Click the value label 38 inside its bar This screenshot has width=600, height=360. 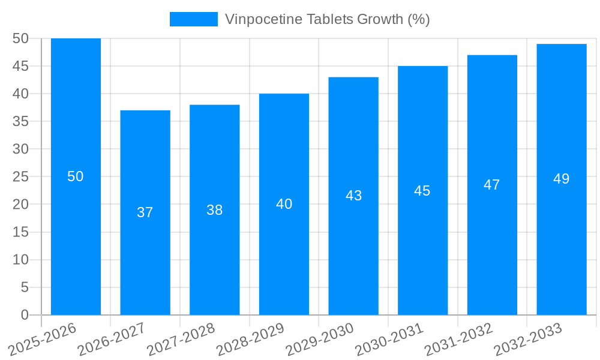[215, 210]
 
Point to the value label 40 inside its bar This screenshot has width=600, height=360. [284, 204]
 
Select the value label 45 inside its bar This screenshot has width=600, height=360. [422, 191]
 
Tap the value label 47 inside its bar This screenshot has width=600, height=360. [492, 185]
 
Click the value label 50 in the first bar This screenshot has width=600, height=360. [76, 176]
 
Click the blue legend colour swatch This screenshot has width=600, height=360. [193, 19]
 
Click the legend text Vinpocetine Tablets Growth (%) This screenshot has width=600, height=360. [327, 19]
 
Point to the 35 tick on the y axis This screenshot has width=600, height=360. [20, 121]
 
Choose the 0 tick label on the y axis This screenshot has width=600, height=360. [25, 315]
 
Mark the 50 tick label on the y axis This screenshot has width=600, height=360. [20, 38]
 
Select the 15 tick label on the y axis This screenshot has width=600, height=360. [20, 232]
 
